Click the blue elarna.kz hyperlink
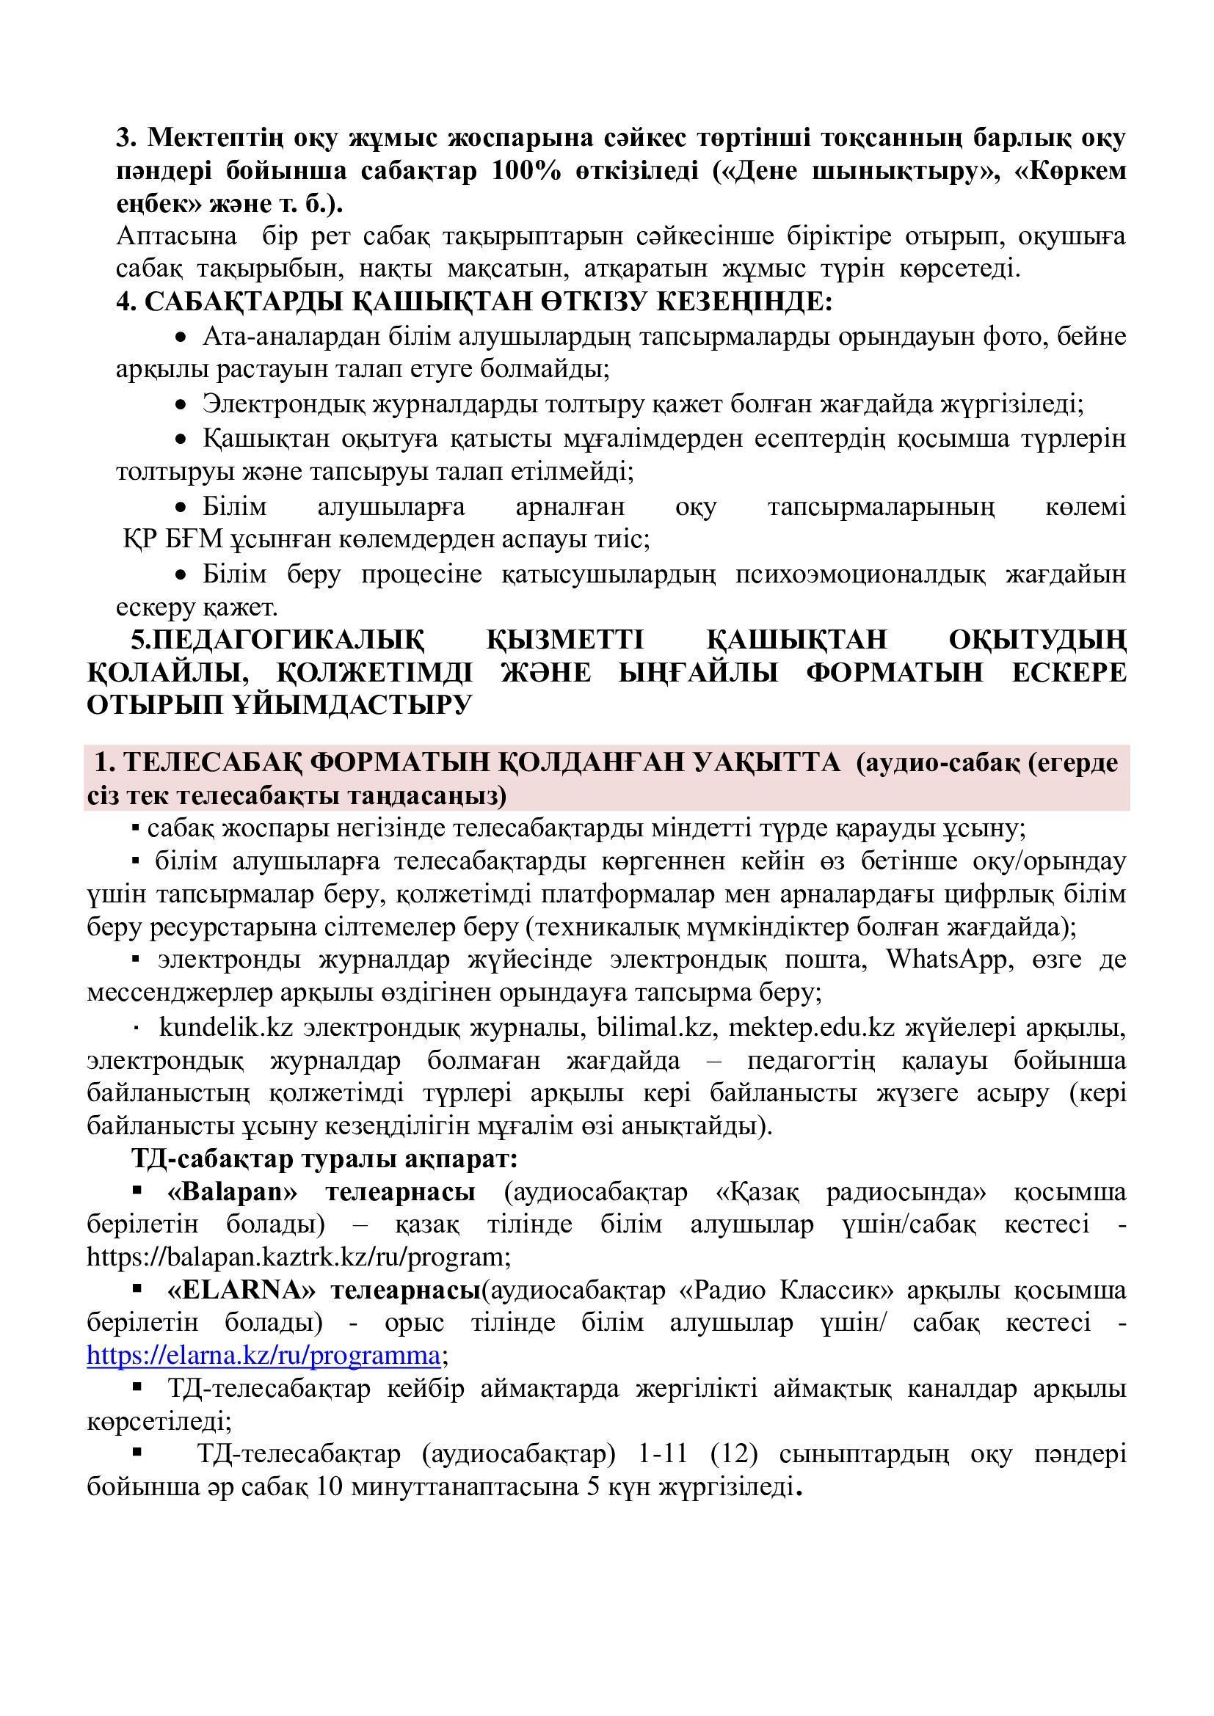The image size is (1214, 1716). tap(263, 1356)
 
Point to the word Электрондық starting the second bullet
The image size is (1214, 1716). tap(283, 404)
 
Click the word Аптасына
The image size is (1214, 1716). tap(176, 236)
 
